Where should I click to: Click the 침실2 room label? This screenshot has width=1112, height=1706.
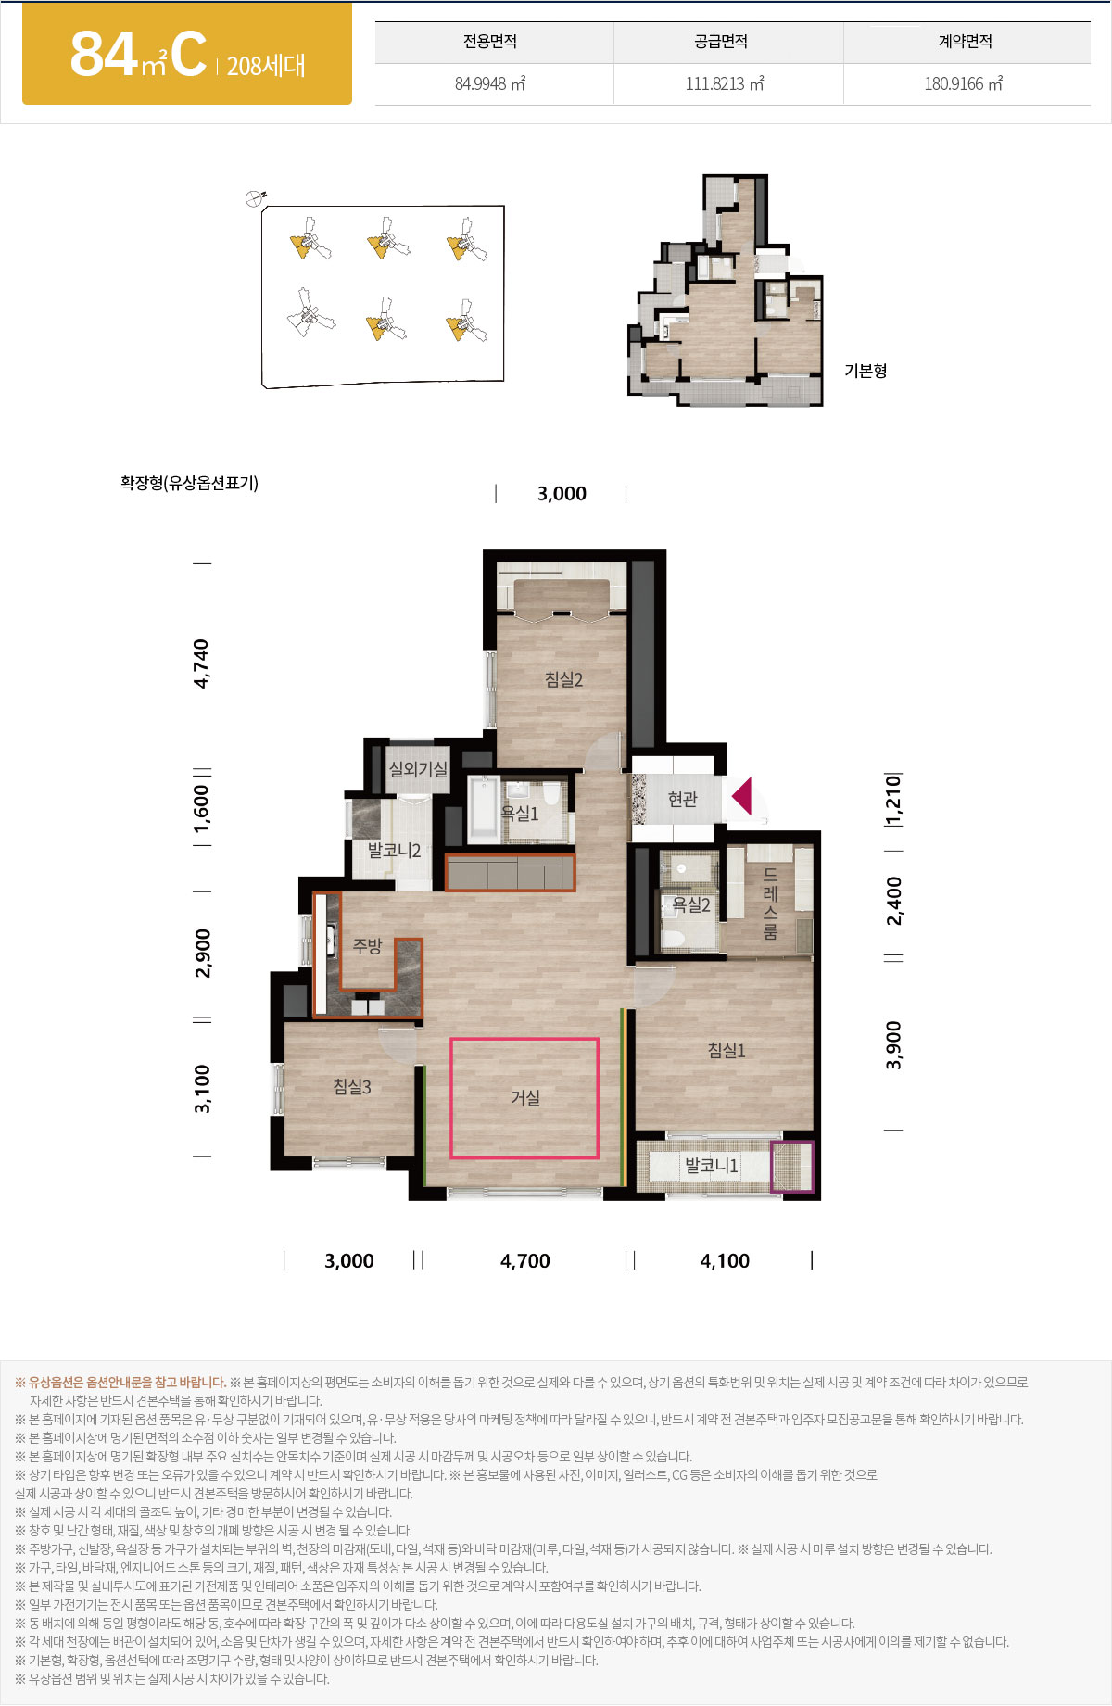pos(563,679)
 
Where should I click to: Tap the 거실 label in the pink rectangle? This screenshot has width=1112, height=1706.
pos(525,1097)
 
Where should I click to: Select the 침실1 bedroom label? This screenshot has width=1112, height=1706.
pos(727,1050)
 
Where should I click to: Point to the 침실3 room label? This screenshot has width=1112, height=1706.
pos(352,1086)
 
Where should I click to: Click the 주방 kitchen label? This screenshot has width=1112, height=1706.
pos(368,946)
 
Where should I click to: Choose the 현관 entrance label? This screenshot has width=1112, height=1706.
pos(683,799)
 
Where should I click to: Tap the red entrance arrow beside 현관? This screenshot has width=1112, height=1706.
pos(741,796)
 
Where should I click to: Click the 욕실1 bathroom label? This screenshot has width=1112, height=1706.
pos(520,813)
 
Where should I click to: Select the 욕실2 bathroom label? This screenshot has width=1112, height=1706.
pos(691,904)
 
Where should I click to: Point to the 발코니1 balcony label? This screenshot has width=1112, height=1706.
pos(712,1165)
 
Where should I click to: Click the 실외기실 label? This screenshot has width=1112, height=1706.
pos(418,769)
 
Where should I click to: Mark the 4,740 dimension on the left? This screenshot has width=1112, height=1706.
pos(201,663)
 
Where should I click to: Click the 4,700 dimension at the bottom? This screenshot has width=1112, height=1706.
pos(525,1260)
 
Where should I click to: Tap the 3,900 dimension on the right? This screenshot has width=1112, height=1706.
pos(893,1045)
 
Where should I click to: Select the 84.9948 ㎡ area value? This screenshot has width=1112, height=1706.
pos(490,83)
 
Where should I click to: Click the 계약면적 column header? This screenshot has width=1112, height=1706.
pos(966,42)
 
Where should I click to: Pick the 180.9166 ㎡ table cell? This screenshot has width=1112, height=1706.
pos(964,83)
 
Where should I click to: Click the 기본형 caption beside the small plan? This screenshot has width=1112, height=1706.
pos(866,371)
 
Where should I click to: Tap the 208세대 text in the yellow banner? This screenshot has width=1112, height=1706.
pos(266,66)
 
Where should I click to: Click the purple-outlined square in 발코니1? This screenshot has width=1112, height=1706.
pos(792,1166)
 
